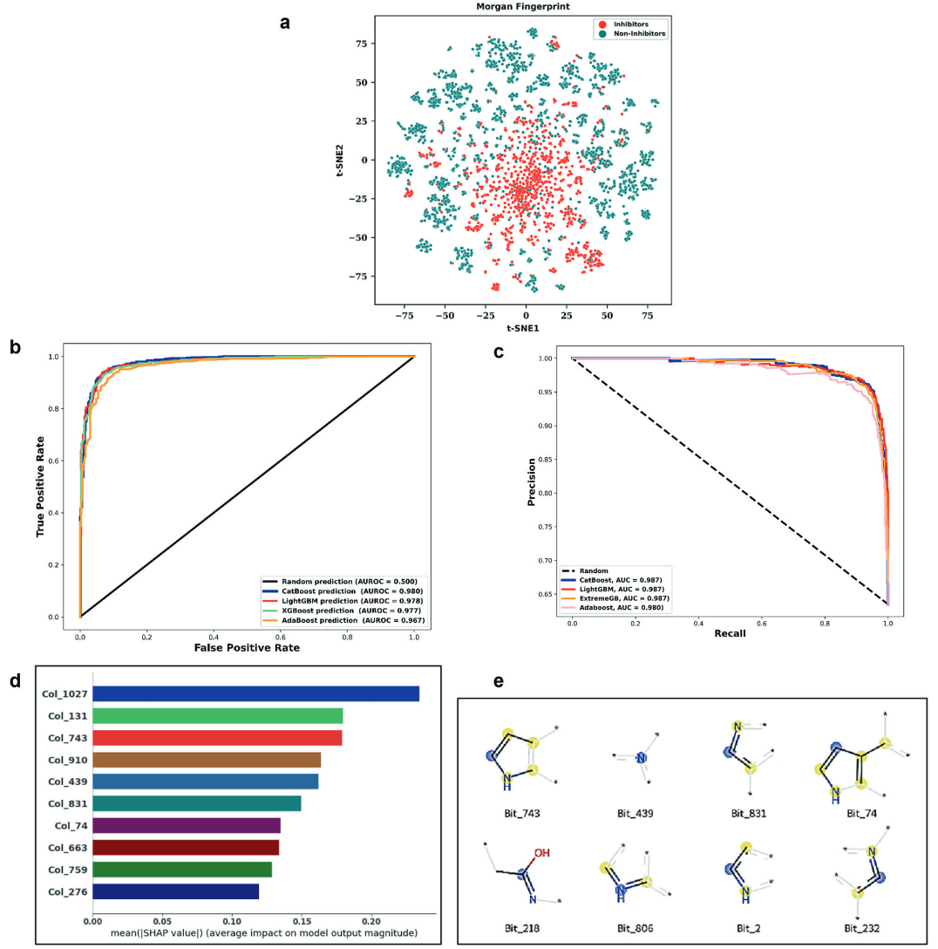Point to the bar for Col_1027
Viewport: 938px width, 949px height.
click(255, 693)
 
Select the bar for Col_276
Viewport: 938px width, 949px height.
click(175, 891)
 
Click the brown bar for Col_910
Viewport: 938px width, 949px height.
click(206, 760)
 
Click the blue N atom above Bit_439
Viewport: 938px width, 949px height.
click(641, 758)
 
